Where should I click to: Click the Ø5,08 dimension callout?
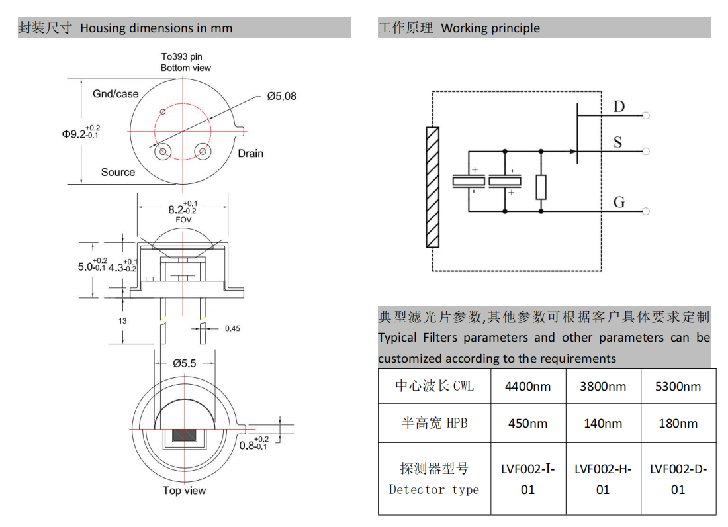click(282, 97)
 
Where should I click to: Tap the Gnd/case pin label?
click(116, 94)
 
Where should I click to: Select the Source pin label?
click(118, 172)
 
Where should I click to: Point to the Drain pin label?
click(250, 154)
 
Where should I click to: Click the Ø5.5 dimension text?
click(185, 363)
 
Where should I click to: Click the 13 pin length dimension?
click(123, 320)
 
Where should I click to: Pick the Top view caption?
click(184, 491)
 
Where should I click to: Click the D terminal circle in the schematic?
click(646, 116)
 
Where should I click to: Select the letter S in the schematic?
click(617, 142)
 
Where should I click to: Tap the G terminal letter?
click(619, 202)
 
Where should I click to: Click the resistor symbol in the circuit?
click(541, 187)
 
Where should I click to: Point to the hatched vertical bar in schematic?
click(433, 187)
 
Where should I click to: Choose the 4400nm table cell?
click(527, 386)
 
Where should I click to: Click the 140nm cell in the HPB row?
click(603, 424)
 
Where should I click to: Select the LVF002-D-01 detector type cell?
click(678, 479)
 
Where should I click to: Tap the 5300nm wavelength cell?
click(678, 386)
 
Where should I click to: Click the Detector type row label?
click(434, 479)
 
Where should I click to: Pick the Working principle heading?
click(490, 28)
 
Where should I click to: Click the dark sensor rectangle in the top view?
click(185, 436)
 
